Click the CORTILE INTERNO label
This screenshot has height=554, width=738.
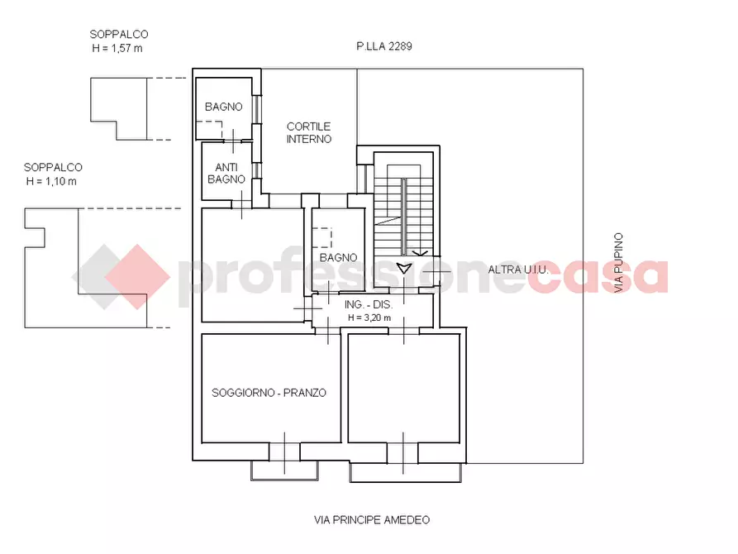pyautogui.click(x=308, y=133)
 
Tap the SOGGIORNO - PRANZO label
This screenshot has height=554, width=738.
pyautogui.click(x=269, y=393)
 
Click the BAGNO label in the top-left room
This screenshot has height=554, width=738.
pyautogui.click(x=224, y=107)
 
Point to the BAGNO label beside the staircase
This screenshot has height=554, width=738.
pyautogui.click(x=339, y=257)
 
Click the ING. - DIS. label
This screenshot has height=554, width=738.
pyautogui.click(x=369, y=303)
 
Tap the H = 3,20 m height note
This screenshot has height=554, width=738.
pyautogui.click(x=369, y=317)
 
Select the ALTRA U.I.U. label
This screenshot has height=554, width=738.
pyautogui.click(x=518, y=270)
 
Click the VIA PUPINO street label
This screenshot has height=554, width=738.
pyautogui.click(x=619, y=264)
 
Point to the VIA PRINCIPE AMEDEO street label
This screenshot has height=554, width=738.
pyautogui.click(x=372, y=520)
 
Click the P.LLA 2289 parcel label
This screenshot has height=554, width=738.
pyautogui.click(x=384, y=47)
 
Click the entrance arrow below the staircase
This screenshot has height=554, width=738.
pyautogui.click(x=404, y=268)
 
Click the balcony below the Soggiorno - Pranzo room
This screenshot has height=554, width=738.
pyautogui.click(x=284, y=470)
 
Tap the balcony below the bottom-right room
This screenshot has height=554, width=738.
pyautogui.click(x=405, y=473)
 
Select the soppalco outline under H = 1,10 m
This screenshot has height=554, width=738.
pyautogui.click(x=83, y=265)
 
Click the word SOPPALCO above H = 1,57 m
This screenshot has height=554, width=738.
pyautogui.click(x=120, y=35)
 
